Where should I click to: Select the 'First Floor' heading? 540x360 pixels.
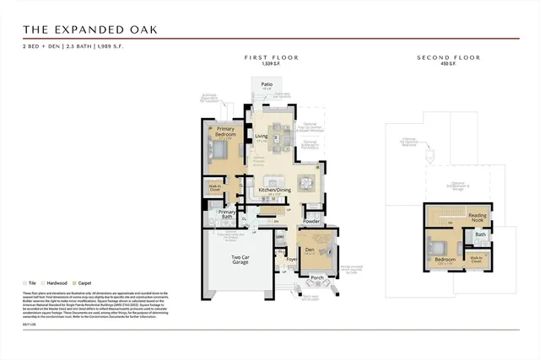click(x=272, y=57)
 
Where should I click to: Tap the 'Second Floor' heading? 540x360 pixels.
click(x=448, y=57)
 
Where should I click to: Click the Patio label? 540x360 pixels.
click(x=266, y=85)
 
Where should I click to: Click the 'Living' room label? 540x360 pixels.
click(x=262, y=136)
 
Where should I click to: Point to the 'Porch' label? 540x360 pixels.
click(x=317, y=277)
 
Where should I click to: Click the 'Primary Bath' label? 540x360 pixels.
click(x=227, y=214)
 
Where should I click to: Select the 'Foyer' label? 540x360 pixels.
click(x=292, y=260)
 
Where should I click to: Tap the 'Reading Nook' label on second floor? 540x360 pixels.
click(x=478, y=218)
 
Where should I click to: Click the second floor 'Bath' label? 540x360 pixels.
click(x=480, y=234)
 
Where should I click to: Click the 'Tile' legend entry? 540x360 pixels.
click(x=32, y=283)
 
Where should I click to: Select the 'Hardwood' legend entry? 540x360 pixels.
click(x=57, y=283)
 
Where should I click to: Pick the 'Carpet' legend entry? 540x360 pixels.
click(x=85, y=283)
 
